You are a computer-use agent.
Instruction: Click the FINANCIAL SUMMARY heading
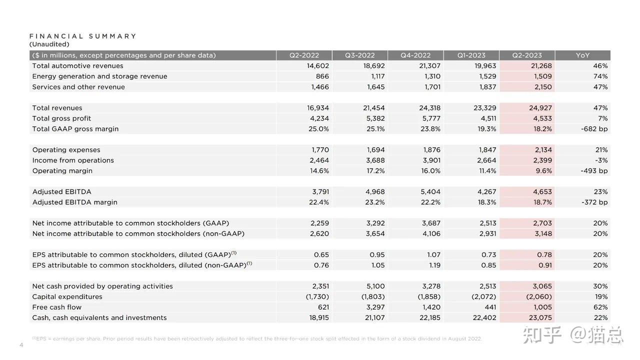[x=83, y=36]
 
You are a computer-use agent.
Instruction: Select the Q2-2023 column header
[x=527, y=55]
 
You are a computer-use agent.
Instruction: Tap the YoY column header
[x=582, y=55]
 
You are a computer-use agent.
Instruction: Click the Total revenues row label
[x=57, y=107]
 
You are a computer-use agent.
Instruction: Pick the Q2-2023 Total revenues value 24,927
[x=540, y=107]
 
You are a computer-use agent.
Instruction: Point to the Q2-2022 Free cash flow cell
[x=323, y=307]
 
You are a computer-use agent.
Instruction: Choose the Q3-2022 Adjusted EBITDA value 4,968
[x=375, y=191]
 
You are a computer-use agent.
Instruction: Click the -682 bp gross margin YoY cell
[x=594, y=129]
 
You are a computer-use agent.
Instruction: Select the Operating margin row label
[x=62, y=171]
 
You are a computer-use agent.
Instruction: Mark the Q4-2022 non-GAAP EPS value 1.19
[x=434, y=265]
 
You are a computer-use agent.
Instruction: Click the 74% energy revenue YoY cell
[x=600, y=76]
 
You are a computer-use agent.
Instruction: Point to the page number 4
[x=21, y=345]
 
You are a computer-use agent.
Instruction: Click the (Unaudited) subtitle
[x=49, y=44]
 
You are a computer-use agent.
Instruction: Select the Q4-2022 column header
[x=415, y=55]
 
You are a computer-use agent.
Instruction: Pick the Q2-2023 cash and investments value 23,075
[x=540, y=317]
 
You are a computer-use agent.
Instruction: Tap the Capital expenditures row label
[x=67, y=297]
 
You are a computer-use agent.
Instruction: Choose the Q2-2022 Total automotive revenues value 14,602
[x=318, y=65]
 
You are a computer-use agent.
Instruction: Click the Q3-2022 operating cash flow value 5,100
[x=375, y=286]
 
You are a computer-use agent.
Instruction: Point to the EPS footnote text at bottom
[x=257, y=339]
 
